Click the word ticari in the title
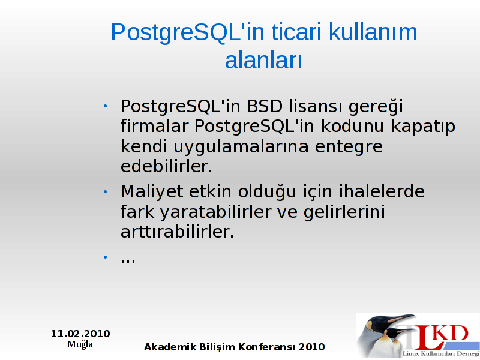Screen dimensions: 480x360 point(296,32)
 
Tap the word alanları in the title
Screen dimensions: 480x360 point(263,61)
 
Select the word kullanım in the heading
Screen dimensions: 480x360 point(373,32)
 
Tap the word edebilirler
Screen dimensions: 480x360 point(166,166)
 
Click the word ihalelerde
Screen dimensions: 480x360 point(382,191)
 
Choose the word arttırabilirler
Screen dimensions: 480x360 point(177,232)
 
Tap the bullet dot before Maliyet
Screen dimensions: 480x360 point(106,192)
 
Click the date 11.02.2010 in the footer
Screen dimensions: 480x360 point(80,334)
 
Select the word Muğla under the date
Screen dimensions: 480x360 point(80,344)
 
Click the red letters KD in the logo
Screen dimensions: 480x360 point(452,334)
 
